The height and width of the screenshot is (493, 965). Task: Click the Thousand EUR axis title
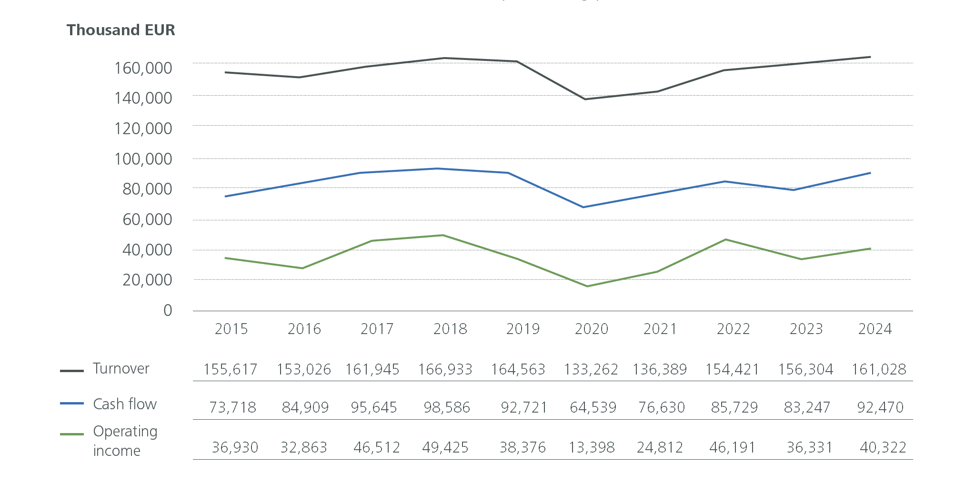click(121, 30)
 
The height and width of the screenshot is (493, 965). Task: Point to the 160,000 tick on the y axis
click(143, 68)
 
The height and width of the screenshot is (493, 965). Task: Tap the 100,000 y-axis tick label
click(143, 159)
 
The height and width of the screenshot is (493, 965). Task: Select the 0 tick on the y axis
click(168, 310)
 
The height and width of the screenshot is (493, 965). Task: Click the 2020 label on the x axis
click(592, 329)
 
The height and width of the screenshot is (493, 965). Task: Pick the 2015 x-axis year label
click(231, 329)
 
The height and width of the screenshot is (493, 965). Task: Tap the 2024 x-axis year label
click(875, 329)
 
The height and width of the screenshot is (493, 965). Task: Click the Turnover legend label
click(121, 369)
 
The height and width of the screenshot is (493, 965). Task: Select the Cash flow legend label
click(125, 404)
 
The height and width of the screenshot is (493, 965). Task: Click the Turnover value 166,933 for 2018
click(445, 369)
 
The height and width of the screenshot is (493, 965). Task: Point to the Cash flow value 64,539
click(593, 407)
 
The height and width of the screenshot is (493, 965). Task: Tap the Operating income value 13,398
click(592, 447)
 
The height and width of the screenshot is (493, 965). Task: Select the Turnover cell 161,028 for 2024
click(879, 369)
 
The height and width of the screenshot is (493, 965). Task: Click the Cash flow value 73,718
click(232, 407)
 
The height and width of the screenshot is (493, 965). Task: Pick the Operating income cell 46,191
click(733, 447)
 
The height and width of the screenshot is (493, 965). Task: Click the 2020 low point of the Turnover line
click(585, 99)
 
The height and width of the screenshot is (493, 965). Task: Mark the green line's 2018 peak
click(443, 235)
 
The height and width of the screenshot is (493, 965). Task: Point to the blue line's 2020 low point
click(583, 207)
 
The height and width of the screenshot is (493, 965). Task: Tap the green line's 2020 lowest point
click(587, 286)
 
